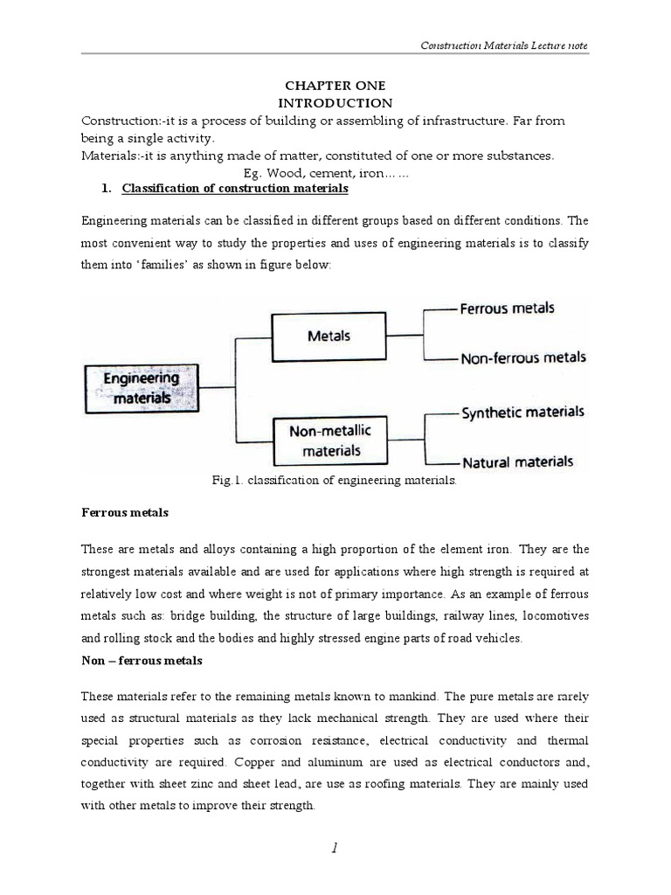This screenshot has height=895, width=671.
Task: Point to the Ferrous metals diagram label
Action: click(x=507, y=308)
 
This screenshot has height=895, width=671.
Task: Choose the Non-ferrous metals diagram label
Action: click(x=522, y=357)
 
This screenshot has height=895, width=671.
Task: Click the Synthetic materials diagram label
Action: click(x=522, y=412)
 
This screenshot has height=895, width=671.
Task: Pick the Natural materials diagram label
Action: click(x=517, y=461)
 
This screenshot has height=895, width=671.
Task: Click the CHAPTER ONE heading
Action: click(x=335, y=86)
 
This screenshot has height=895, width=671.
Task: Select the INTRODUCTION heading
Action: click(x=335, y=102)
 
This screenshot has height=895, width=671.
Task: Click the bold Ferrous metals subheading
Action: click(x=125, y=513)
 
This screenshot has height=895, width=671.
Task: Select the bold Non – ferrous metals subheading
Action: click(x=142, y=662)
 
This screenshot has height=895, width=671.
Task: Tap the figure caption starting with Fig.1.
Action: click(x=335, y=480)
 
